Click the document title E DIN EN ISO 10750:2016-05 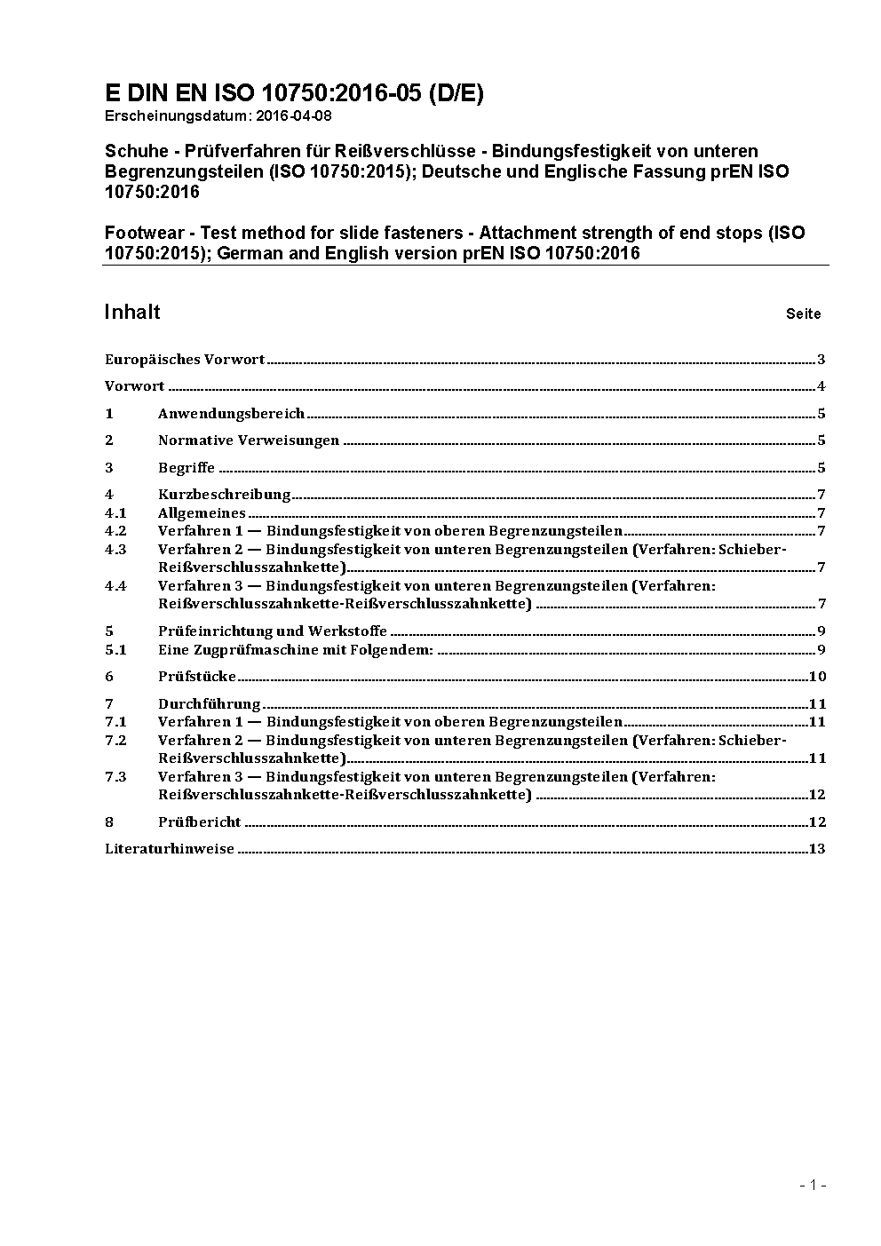[294, 93]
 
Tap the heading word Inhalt [132, 312]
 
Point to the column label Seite [803, 313]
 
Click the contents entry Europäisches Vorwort [185, 360]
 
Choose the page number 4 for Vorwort [821, 386]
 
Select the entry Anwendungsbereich [231, 414]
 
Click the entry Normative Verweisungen [249, 440]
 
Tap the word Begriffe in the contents [187, 468]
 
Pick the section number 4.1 [115, 513]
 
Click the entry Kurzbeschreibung [225, 495]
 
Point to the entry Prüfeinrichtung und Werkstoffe [273, 631]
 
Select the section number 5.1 [115, 650]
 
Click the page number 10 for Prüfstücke [817, 677]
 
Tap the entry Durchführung [209, 704]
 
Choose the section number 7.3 [115, 777]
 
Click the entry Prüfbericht [200, 822]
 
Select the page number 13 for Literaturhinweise [817, 849]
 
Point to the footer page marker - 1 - [813, 1185]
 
